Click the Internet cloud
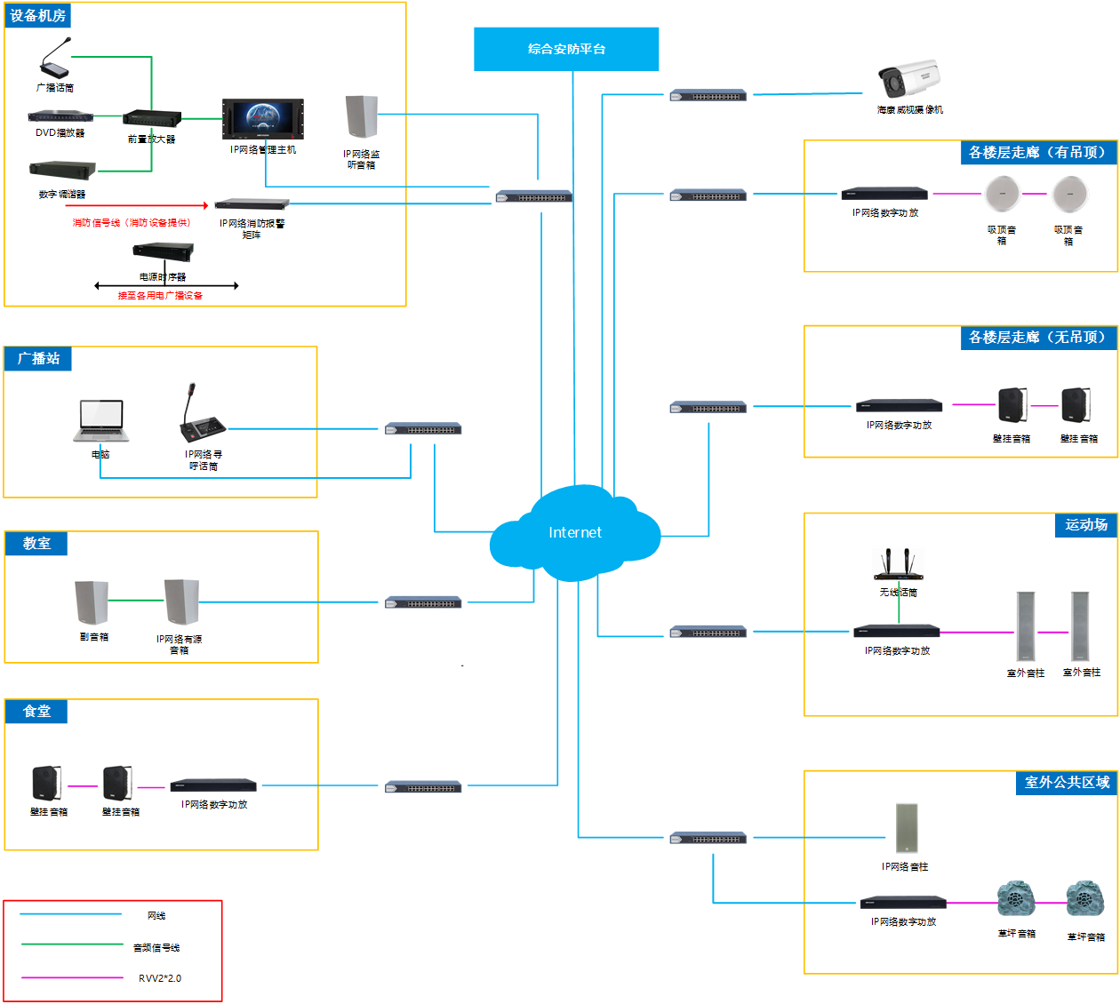coord(575,532)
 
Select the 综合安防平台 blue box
coord(566,49)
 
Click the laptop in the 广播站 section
coord(101,420)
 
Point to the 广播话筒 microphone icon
coord(55,59)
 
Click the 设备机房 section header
coord(37,16)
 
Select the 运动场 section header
coord(1086,525)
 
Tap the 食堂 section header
coord(36,712)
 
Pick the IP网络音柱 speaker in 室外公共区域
coord(906,828)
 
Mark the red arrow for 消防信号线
coord(137,205)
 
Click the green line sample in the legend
coord(72,944)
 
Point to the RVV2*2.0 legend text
coord(160,978)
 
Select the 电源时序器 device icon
coord(163,252)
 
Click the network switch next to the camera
coord(708,95)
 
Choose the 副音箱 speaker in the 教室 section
coord(92,603)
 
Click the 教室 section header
coord(36,544)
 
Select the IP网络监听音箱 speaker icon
coord(362,117)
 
